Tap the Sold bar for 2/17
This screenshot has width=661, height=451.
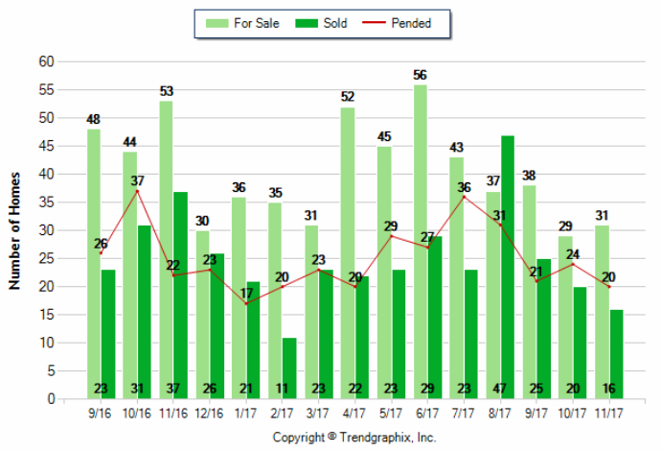289,368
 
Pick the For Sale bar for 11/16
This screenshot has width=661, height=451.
167,249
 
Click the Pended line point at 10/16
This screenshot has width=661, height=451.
138,191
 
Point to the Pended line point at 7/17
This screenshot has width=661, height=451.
464,197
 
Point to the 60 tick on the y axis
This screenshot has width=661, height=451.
45,61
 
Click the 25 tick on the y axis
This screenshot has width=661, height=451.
45,258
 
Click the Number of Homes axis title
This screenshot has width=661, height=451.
14,230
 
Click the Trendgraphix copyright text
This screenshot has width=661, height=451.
353,437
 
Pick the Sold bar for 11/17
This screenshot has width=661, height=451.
616,354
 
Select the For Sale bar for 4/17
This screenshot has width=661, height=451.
347,253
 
